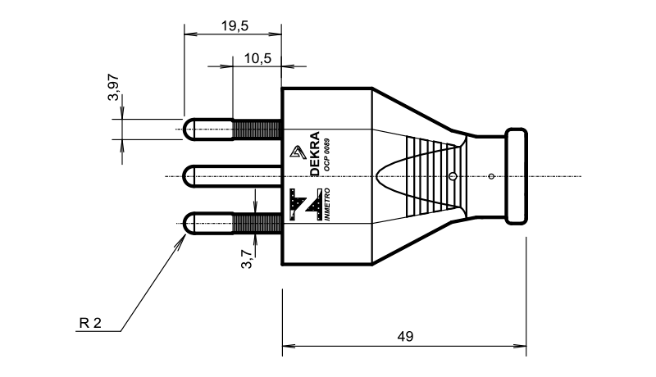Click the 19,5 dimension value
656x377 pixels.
235,26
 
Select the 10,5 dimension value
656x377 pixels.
257,58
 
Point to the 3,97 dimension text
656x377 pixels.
113,88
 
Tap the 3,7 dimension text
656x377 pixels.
247,259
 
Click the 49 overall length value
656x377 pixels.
405,336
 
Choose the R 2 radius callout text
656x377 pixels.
90,323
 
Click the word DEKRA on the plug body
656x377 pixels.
315,154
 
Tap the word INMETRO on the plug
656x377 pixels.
326,204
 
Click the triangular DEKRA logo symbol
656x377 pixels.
298,152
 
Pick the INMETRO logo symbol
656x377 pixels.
305,204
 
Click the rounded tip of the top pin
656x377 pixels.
189,129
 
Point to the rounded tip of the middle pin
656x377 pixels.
189,176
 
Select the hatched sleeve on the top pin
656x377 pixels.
257,129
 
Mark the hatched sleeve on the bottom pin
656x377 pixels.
257,223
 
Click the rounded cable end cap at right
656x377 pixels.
517,176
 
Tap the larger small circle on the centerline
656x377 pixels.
453,176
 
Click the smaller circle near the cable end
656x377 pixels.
491,176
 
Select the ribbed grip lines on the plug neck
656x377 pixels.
431,177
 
